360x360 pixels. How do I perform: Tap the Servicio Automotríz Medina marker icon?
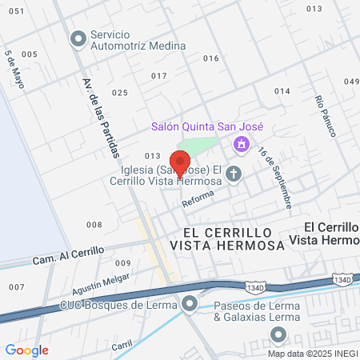78,38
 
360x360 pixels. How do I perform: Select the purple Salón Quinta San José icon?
240,145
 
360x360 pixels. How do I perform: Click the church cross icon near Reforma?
234,174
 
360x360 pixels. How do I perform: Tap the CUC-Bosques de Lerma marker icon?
190,304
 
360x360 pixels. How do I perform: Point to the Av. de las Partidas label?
101,116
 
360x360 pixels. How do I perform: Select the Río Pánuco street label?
325,116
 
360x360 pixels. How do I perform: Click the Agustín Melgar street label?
78,279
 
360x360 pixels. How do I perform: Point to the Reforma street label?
198,202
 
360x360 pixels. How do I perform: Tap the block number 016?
211,58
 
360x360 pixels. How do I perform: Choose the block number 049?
352,81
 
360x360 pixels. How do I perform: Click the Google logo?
26,350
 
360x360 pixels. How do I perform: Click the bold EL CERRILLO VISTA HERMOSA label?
228,238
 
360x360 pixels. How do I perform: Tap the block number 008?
94,225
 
